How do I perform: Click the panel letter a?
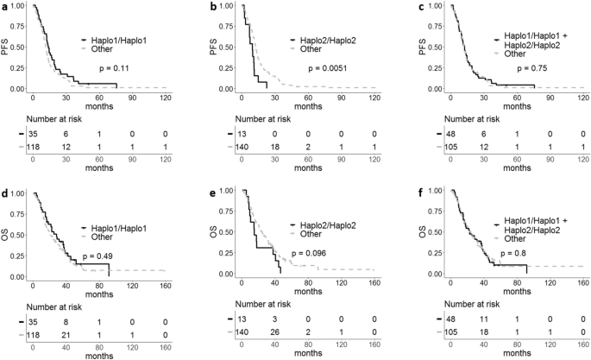click(x=4, y=6)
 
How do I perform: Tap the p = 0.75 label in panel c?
click(x=531, y=66)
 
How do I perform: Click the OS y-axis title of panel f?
click(x=403, y=231)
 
